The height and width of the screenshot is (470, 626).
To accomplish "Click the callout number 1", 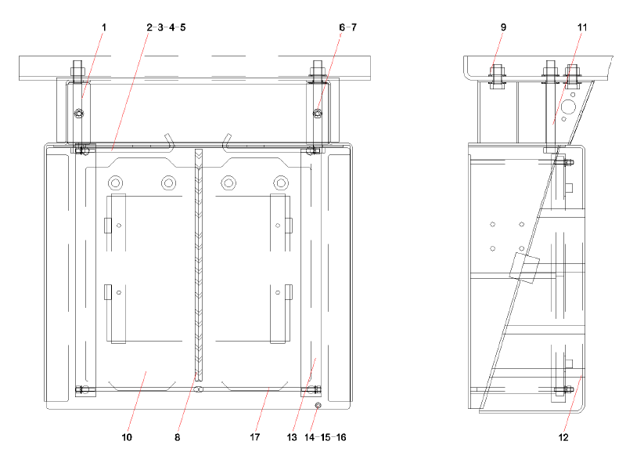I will (x=103, y=27).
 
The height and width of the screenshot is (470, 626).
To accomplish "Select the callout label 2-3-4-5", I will (x=165, y=27).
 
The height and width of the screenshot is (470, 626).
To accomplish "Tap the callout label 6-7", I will (x=347, y=27).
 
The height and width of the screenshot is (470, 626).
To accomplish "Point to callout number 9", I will (x=503, y=27).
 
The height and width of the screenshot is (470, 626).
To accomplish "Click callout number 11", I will (x=581, y=27).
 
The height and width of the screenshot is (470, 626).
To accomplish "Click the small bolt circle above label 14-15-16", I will (x=318, y=406).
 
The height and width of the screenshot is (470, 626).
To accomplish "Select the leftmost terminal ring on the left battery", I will (x=115, y=183).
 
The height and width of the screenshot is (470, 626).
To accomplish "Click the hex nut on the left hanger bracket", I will (x=78, y=115).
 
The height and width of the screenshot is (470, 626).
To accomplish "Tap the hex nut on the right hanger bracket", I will (x=317, y=115).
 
